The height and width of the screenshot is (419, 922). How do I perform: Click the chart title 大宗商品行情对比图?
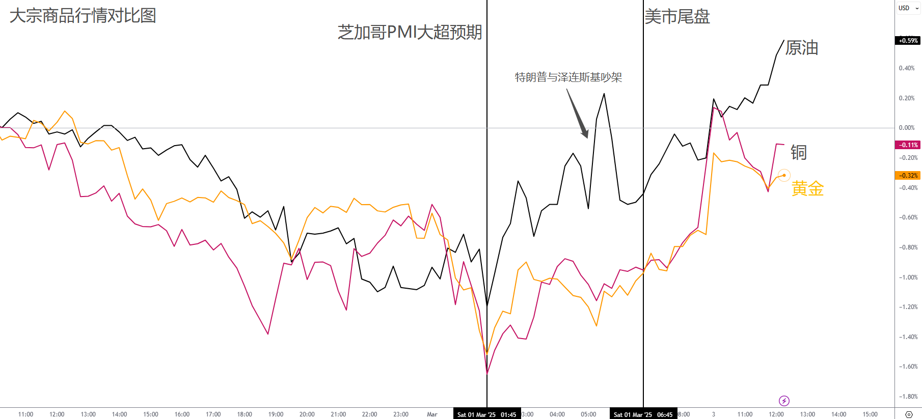[x=83, y=16]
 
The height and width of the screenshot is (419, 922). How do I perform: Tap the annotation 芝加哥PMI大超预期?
[x=410, y=33]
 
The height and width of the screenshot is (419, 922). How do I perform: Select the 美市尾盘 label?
[x=677, y=17]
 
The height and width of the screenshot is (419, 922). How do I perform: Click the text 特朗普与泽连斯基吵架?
[x=568, y=77]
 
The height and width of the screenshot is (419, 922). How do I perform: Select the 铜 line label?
[x=798, y=152]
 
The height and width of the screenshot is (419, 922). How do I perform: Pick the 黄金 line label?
[x=807, y=189]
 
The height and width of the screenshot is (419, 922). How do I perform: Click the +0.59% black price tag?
[x=908, y=41]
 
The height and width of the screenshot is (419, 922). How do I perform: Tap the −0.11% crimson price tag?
[x=908, y=145]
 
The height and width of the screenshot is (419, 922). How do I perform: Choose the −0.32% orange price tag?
[x=908, y=176]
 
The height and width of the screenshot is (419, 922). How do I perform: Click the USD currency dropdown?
[x=908, y=8]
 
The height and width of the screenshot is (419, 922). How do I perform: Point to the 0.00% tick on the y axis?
[x=907, y=128]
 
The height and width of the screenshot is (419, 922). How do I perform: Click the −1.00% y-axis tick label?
[x=908, y=277]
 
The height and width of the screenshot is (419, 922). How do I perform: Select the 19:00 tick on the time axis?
[x=276, y=414]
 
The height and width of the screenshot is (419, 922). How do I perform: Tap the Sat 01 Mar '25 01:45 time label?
[x=486, y=414]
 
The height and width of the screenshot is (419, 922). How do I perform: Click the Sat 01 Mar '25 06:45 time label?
[x=643, y=414]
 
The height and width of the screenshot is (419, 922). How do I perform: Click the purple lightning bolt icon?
[x=784, y=401]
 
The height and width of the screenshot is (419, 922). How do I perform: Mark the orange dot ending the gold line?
[x=784, y=176]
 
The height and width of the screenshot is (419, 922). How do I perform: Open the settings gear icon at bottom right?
[x=908, y=414]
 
